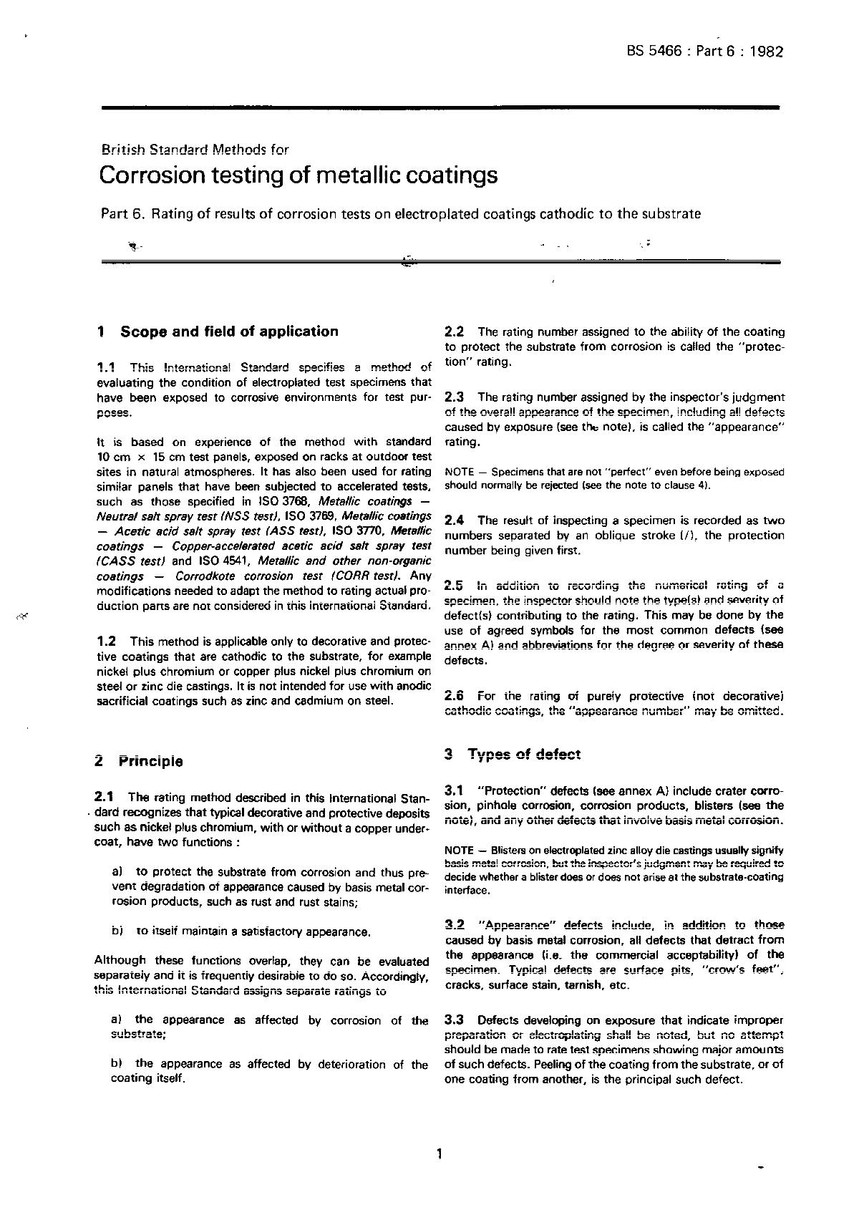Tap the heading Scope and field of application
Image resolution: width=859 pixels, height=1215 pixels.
pos(229,331)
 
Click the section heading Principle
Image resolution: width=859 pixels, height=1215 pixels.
pos(151,762)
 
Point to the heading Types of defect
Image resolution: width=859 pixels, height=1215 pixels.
pos(524,754)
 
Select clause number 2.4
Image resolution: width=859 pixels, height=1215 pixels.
pos(455,521)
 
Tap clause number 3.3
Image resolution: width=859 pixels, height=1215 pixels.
pos(455,1020)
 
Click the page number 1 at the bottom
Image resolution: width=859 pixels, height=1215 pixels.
pos(439,1153)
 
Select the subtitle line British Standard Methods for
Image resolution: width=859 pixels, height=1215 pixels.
pos(195,150)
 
